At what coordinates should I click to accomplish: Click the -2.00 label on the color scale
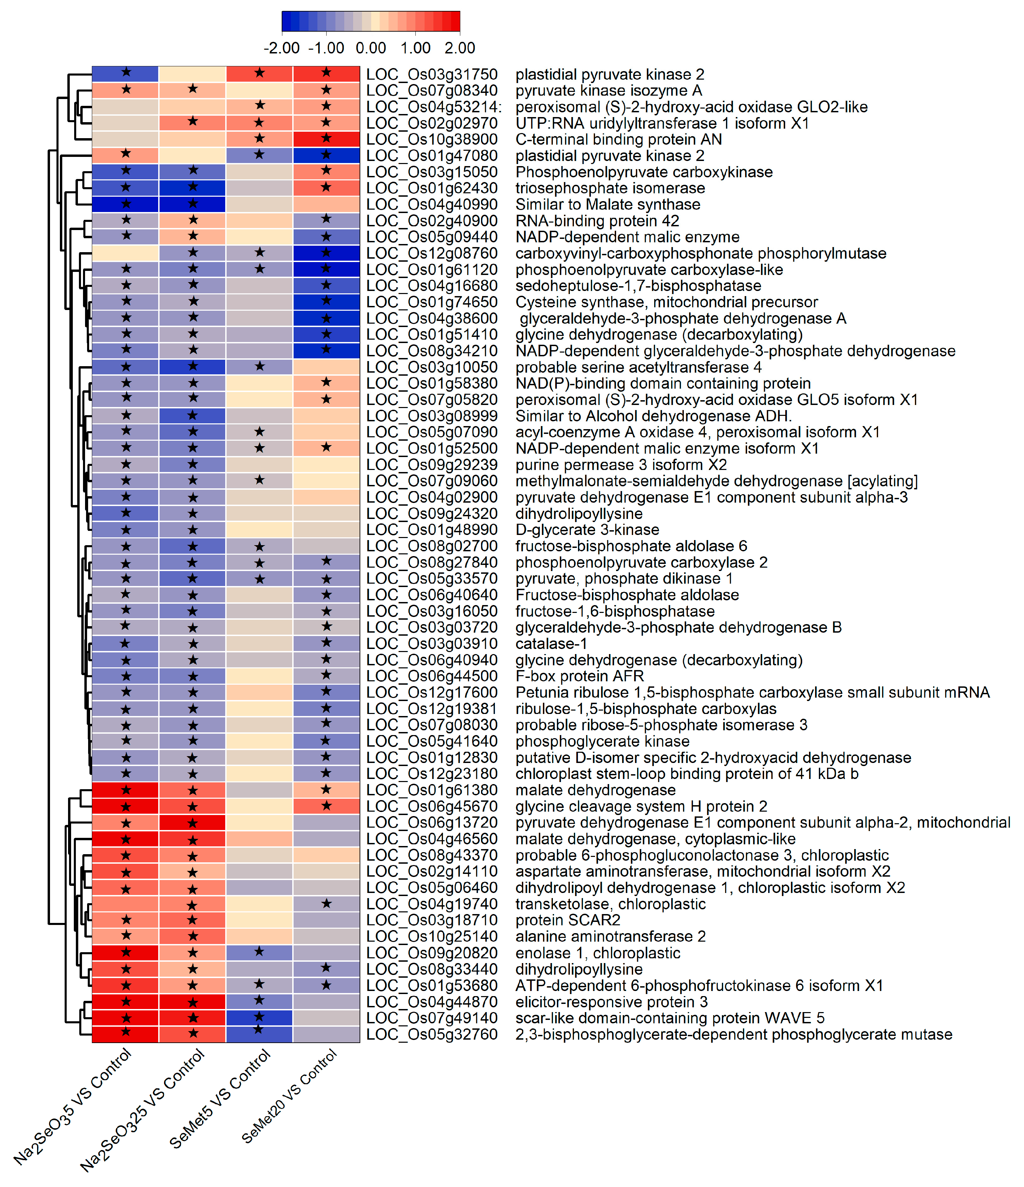pyautogui.click(x=281, y=48)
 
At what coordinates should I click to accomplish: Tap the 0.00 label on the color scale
pyautogui.click(x=370, y=48)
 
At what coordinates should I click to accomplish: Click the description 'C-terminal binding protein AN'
pyautogui.click(x=618, y=139)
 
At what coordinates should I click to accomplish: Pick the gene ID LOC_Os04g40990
pyautogui.click(x=432, y=205)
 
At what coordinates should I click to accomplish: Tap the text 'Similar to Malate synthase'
pyautogui.click(x=608, y=205)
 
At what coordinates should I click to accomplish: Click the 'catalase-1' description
pyautogui.click(x=551, y=644)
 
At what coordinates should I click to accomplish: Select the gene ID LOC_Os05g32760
pyautogui.click(x=432, y=1035)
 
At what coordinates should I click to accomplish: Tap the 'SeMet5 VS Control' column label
pyautogui.click(x=220, y=1099)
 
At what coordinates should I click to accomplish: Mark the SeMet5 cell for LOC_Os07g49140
pyautogui.click(x=260, y=1019)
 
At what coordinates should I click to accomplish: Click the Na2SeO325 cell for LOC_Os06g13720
pyautogui.click(x=193, y=823)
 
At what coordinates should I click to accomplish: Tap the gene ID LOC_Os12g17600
pyautogui.click(x=432, y=693)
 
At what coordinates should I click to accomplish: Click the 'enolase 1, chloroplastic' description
pyautogui.click(x=597, y=953)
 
